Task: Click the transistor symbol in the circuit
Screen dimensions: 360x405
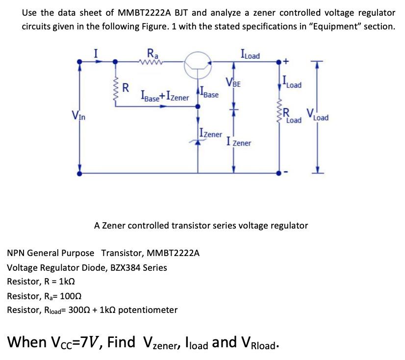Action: tap(198, 64)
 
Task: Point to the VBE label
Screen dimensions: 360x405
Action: tap(232, 82)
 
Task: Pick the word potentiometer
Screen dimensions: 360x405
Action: tap(148, 310)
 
